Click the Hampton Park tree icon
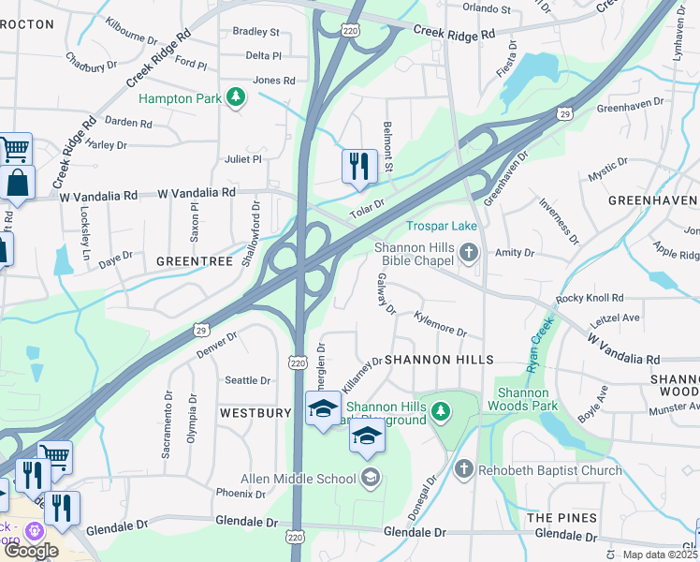237,96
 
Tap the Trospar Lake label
442,226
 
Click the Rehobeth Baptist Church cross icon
463,468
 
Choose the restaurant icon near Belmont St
359,166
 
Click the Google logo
31,551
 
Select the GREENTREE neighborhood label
194,261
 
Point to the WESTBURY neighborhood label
255,412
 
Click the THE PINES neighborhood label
561,518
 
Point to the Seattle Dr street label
247,380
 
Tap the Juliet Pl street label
242,159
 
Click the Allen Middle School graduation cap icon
371,479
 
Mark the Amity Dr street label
515,253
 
